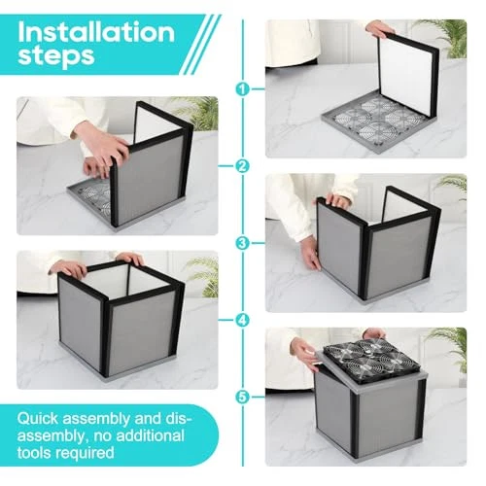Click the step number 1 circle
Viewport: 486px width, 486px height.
[x=243, y=88]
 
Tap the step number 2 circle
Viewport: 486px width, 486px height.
[x=243, y=166]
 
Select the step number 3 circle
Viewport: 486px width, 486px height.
[x=243, y=243]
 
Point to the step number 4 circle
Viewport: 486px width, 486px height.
[x=243, y=320]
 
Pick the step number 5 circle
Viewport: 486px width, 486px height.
[x=243, y=397]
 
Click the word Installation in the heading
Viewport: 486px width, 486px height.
[x=96, y=32]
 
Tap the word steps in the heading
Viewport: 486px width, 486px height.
[x=56, y=56]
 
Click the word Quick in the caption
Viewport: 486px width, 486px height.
[x=38, y=418]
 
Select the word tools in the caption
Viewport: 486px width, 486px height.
[x=32, y=452]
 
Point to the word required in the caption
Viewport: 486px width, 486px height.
[x=83, y=453]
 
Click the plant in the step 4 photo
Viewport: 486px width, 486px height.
[x=200, y=275]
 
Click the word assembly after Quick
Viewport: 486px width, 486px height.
[x=96, y=419]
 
